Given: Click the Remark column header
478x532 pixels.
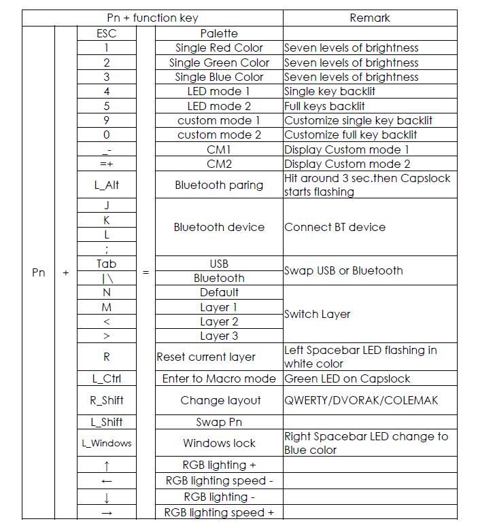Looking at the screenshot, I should coord(369,18).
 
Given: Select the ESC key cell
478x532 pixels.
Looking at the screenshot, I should coord(107,33).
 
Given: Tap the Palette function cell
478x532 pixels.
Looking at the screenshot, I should coord(219,33).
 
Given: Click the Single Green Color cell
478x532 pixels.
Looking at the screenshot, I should coord(219,63).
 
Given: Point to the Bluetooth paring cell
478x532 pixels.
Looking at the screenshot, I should coord(219,185).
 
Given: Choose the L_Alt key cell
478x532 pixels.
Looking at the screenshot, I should coord(107,185).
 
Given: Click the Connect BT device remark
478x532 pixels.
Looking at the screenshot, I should coord(335,227).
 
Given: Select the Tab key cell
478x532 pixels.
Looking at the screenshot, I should coord(107,264).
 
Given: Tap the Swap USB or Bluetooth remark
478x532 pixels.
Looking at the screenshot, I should coord(343,270).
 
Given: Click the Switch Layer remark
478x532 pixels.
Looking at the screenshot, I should coord(318,314).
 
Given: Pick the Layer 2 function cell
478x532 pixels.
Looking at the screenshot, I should coord(219,321).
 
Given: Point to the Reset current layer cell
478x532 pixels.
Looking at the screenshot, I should coord(206,357).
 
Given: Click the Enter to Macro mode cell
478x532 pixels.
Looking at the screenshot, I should coord(219,378).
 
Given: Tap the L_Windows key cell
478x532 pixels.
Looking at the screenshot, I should coord(107,443).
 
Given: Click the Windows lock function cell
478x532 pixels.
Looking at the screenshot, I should coord(219,443).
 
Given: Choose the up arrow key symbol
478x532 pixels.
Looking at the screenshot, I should coord(107,465).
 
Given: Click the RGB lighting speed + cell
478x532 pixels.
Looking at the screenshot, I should coord(219,512).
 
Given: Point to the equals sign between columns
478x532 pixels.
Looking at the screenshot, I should coord(146,272).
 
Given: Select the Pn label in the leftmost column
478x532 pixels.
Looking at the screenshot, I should coord(39,272).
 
